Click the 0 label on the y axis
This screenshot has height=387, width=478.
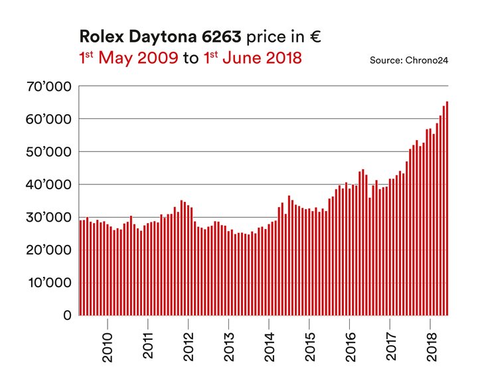coord(66,315)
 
